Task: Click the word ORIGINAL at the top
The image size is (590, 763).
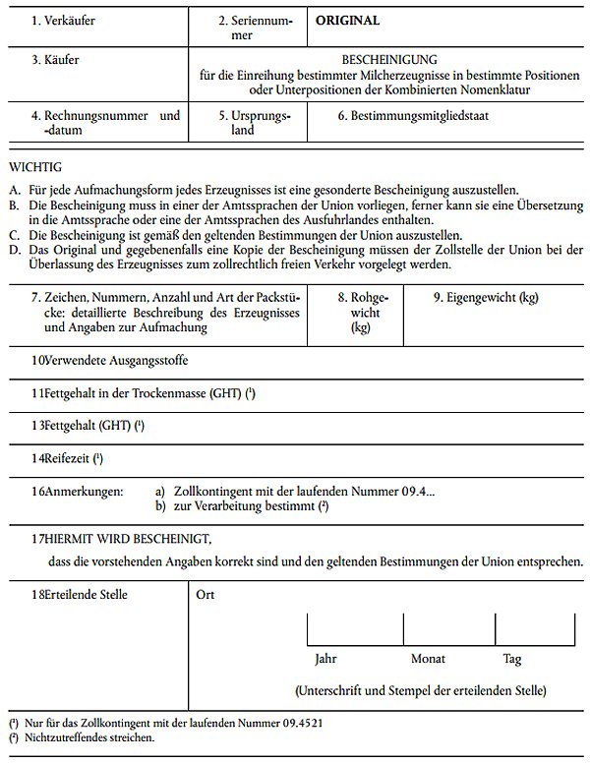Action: pyautogui.click(x=347, y=20)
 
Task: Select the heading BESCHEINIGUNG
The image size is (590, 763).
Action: pyautogui.click(x=388, y=60)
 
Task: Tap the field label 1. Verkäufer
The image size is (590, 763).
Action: pyautogui.click(x=62, y=20)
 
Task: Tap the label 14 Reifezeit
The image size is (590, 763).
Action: pyautogui.click(x=68, y=458)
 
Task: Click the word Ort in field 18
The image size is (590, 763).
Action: pyautogui.click(x=206, y=595)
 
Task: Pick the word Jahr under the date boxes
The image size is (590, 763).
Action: pyautogui.click(x=324, y=659)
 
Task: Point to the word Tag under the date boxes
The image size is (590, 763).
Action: pyautogui.click(x=512, y=659)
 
